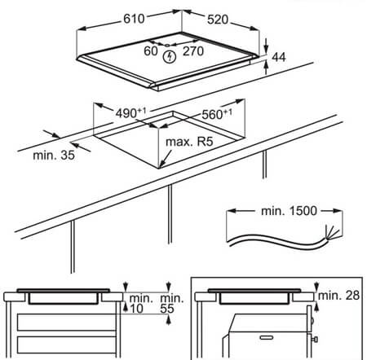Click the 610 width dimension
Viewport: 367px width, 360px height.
(134, 19)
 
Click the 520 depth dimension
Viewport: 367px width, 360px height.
(218, 20)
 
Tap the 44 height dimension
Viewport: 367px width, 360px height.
(279, 57)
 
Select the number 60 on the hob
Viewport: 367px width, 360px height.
(151, 51)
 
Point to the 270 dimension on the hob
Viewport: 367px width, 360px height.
(193, 51)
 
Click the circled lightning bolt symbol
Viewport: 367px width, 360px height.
(170, 57)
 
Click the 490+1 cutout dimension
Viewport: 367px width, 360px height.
(130, 112)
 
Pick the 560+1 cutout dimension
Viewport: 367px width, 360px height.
(217, 114)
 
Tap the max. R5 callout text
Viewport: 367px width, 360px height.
(189, 142)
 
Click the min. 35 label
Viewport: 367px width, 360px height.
(54, 156)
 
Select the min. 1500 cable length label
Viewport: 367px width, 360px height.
(289, 211)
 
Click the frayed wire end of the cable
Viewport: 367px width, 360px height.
(333, 234)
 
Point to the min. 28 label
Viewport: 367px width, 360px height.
(338, 296)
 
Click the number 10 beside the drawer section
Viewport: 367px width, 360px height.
(136, 309)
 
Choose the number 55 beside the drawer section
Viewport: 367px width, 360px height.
(166, 309)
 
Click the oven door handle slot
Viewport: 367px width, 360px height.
(267, 337)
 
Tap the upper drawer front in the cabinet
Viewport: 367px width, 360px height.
(67, 323)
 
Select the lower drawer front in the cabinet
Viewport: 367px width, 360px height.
(67, 345)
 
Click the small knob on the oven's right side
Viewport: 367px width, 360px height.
(315, 340)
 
